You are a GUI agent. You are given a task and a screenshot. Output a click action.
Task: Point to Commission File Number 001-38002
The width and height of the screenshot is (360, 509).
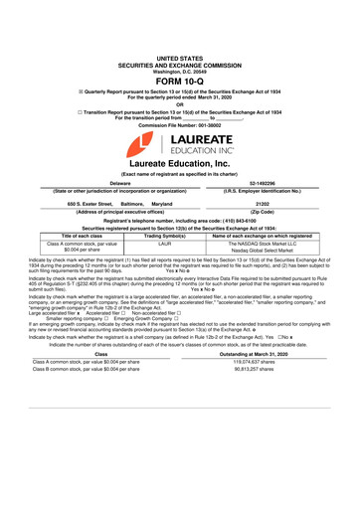180,105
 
